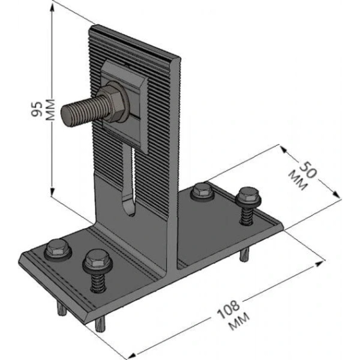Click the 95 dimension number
point(37,109)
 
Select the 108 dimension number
point(228,309)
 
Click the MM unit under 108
point(239,322)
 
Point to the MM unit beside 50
point(297,181)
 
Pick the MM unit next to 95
point(51,109)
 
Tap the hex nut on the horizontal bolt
point(113,103)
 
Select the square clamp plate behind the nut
point(125,106)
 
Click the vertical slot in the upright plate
point(130,181)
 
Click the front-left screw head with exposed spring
point(97,260)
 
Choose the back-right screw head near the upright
point(202,190)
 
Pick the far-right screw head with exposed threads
point(248,196)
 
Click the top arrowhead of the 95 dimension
point(52,8)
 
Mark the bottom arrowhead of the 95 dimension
point(52,192)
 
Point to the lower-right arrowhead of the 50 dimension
point(337,195)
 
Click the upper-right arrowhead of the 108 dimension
point(320,263)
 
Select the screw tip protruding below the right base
point(245,255)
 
